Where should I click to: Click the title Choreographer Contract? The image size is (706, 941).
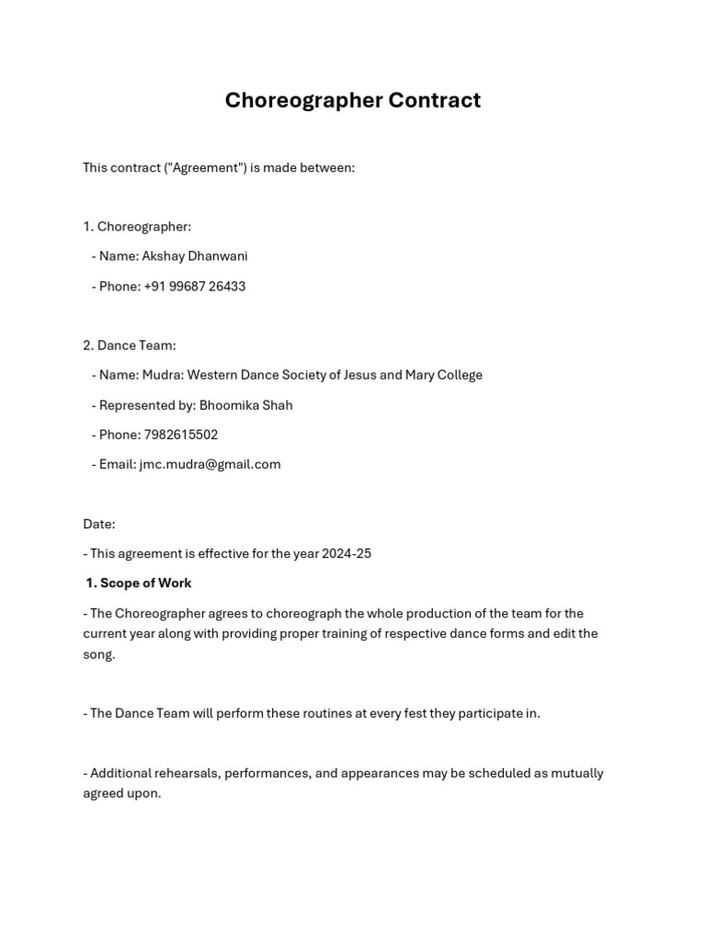coord(352,100)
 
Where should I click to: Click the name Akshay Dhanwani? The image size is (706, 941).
coord(194,256)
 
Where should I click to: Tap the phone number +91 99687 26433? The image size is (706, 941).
coord(194,287)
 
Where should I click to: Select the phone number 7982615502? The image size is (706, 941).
coord(180,435)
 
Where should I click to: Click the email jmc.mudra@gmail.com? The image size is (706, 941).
coord(210,465)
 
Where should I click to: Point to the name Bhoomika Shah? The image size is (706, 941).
coord(245,405)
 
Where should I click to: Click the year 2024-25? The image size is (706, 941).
coord(347,554)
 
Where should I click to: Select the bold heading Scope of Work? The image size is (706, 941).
coord(145,584)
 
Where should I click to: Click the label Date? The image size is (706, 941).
coord(98,525)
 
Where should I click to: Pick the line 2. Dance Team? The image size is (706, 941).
coord(129,346)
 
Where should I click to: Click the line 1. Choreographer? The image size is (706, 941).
coord(137,227)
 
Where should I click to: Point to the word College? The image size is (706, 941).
coord(457,375)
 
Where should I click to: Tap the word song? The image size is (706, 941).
coord(98,654)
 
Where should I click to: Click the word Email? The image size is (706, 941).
coord(118,465)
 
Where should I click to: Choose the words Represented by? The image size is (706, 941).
coord(147,405)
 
